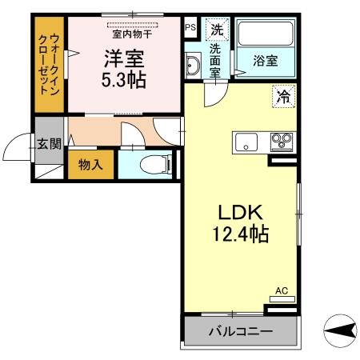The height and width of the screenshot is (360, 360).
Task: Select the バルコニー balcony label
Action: pyautogui.click(x=241, y=331)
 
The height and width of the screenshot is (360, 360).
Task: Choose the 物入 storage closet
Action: pyautogui.click(x=90, y=164)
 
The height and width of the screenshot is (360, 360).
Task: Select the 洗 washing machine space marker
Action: pyautogui.click(x=217, y=30)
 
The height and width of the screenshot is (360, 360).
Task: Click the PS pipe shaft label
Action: pyautogui.click(x=190, y=26)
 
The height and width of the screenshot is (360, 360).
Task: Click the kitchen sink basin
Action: pyautogui.click(x=246, y=144)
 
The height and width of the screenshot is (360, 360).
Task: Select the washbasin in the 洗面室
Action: pyautogui.click(x=194, y=65)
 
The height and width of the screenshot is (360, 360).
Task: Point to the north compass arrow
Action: pyautogui.click(x=340, y=328)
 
